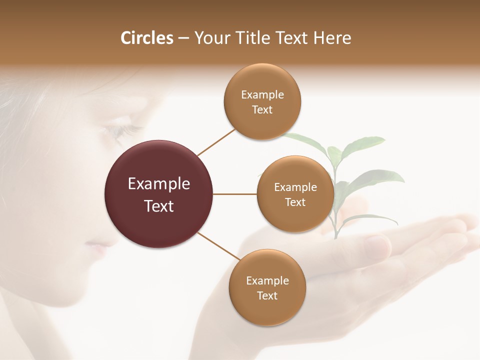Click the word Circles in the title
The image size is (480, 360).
146,38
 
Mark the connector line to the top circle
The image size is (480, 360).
216,142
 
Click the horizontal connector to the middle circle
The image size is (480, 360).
235,194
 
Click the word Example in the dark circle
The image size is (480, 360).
159,184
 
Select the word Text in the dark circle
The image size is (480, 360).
159,206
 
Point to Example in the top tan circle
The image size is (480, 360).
262,95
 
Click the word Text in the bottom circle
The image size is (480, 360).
267,295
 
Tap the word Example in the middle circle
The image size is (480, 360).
295,187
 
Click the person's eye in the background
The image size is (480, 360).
120,131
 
